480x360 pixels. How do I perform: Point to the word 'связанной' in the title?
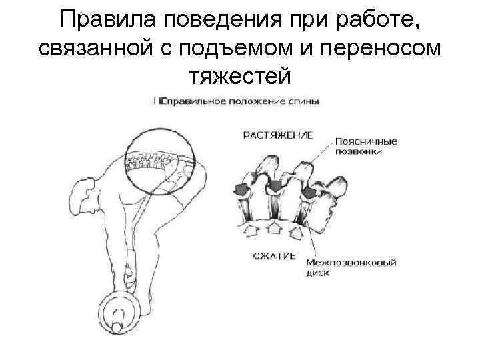[87, 48]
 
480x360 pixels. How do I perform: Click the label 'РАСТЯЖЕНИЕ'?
[277, 136]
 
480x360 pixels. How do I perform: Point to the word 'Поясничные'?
[366, 142]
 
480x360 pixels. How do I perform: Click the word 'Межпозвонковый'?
[351, 263]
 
